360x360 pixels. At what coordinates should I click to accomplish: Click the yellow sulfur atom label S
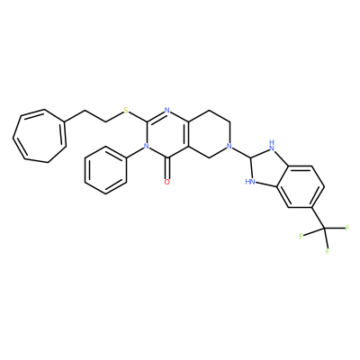tap(126, 111)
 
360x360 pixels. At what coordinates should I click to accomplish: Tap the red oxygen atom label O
tap(167, 182)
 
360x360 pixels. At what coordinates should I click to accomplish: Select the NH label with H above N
tap(272, 145)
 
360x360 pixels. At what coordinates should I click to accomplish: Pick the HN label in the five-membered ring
tap(250, 182)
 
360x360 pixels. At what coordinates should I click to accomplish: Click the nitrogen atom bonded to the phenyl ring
tap(147, 146)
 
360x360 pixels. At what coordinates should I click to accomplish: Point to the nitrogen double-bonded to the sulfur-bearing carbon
tap(167, 111)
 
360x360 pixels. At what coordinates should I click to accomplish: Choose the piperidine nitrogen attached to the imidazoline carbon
tap(229, 146)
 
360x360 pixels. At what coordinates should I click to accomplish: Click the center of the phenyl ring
tap(105, 170)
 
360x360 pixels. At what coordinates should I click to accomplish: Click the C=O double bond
tap(167, 168)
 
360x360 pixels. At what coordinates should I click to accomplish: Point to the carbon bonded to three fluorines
tap(325, 229)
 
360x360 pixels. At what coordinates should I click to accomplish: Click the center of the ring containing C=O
tap(167, 134)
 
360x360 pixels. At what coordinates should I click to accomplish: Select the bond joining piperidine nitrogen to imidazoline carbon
tap(241, 152)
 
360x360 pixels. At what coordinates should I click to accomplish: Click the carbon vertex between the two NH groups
tap(250, 157)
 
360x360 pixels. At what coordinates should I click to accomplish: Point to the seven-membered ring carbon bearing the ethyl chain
tap(64, 121)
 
